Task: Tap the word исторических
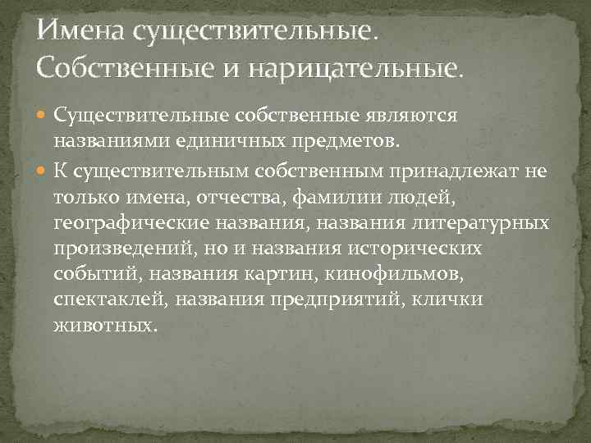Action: pos(432,249)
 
